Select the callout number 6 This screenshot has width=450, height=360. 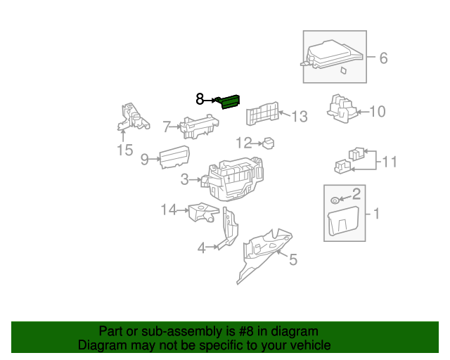tap(383, 58)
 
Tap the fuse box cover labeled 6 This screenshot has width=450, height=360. tap(333, 55)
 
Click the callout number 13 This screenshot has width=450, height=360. tap(300, 116)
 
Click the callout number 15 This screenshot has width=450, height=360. tap(124, 150)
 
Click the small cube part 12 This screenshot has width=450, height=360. tap(269, 143)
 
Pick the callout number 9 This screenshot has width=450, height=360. tap(144, 160)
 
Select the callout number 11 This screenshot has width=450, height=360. tap(389, 162)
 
